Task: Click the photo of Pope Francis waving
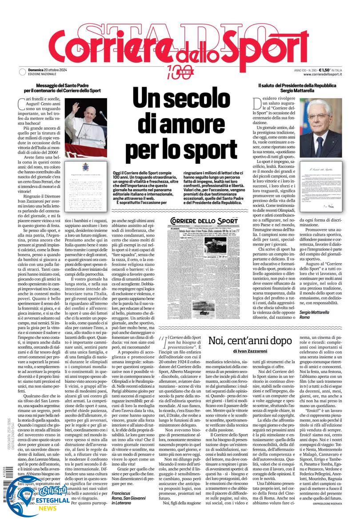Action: [86, 127]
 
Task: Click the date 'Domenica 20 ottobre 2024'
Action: [48, 70]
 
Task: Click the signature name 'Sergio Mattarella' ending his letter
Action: [317, 312]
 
